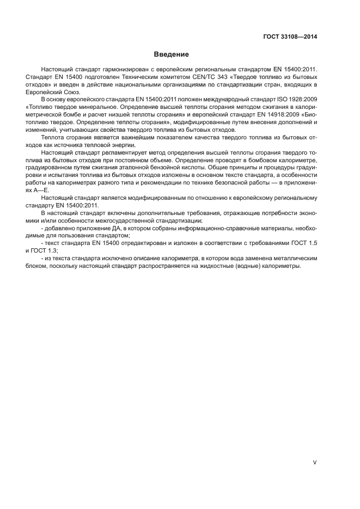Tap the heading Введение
point(171,55)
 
